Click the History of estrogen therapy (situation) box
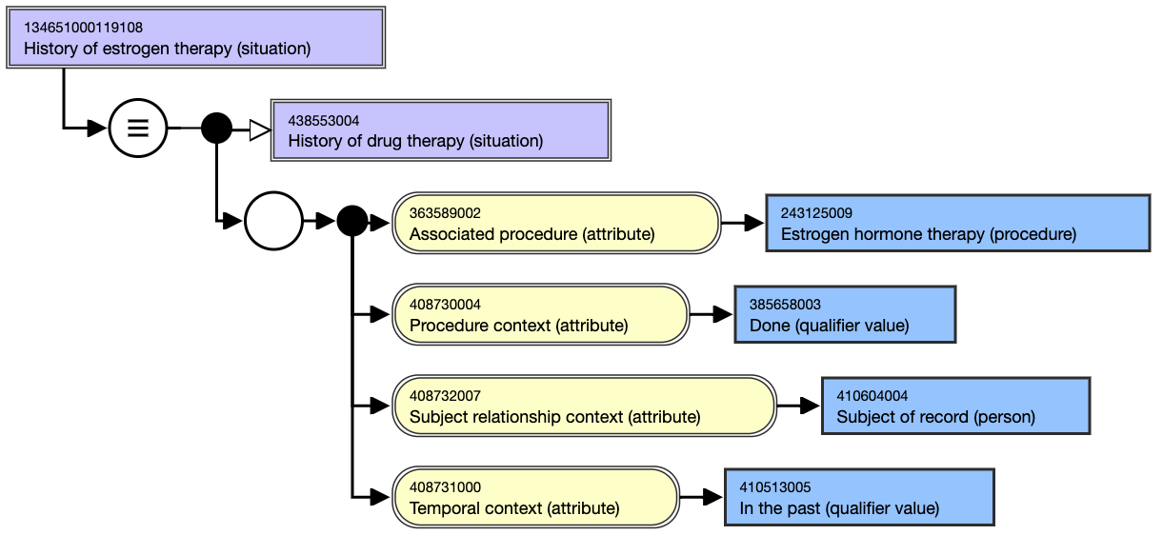(195, 37)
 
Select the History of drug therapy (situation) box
(441, 130)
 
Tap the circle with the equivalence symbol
(138, 128)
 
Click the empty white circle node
(273, 221)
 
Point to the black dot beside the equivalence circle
(216, 128)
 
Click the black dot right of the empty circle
(352, 221)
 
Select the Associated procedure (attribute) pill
(556, 223)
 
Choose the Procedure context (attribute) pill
(540, 314)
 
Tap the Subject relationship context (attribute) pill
(584, 406)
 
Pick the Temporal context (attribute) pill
(536, 497)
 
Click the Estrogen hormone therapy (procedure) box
(958, 223)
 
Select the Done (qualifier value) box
(845, 314)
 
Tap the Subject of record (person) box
(956, 406)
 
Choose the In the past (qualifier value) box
(859, 497)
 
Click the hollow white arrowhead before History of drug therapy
(260, 130)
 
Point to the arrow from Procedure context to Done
(712, 314)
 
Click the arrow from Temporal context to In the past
(701, 497)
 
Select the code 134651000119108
(83, 28)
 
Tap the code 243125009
(816, 213)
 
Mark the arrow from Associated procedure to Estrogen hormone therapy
(743, 223)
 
